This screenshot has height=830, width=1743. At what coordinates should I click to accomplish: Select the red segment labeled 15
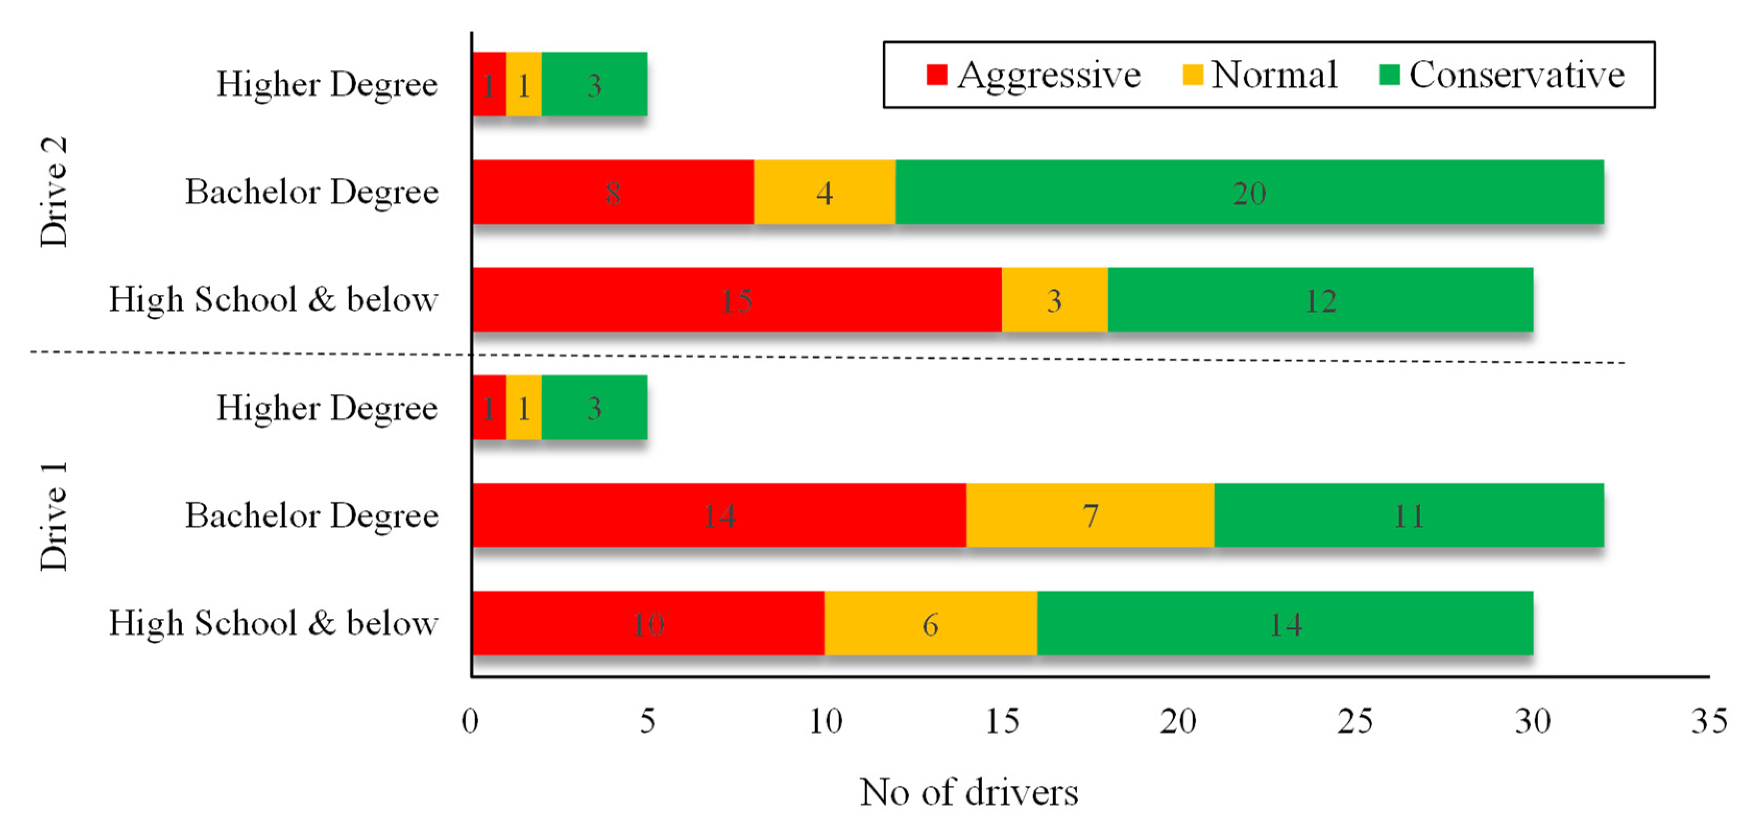(736, 300)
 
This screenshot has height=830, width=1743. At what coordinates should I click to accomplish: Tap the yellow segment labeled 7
(1090, 516)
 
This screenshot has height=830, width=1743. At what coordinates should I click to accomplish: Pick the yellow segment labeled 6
(930, 623)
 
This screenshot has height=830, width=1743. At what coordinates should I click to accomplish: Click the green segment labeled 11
(1408, 516)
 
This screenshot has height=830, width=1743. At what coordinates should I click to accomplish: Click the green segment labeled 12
(1320, 300)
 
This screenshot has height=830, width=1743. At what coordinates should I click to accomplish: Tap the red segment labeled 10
(648, 623)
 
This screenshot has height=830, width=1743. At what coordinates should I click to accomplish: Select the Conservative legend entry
(1502, 75)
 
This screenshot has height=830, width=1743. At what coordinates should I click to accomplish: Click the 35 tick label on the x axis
(1708, 721)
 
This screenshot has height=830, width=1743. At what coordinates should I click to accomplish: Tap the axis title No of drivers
(969, 792)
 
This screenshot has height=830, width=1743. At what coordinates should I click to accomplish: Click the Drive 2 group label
(54, 192)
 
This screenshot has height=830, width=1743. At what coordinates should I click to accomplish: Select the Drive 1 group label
(54, 516)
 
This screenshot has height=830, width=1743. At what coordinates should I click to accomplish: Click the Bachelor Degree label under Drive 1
(312, 516)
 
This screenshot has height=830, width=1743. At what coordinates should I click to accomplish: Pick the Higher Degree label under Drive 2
(327, 84)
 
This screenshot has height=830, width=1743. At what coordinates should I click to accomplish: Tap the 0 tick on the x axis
(470, 721)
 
